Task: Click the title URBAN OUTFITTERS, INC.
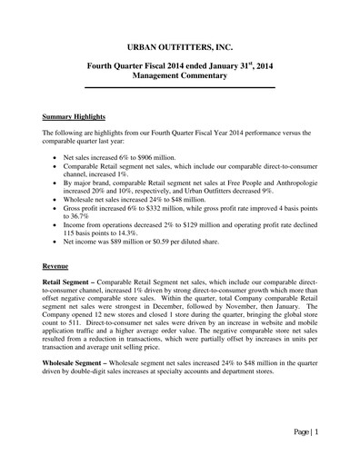[x=179, y=43]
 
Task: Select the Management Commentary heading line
[x=179, y=78]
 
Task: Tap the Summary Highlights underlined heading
[x=77, y=117]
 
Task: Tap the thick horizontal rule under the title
[x=179, y=88]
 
